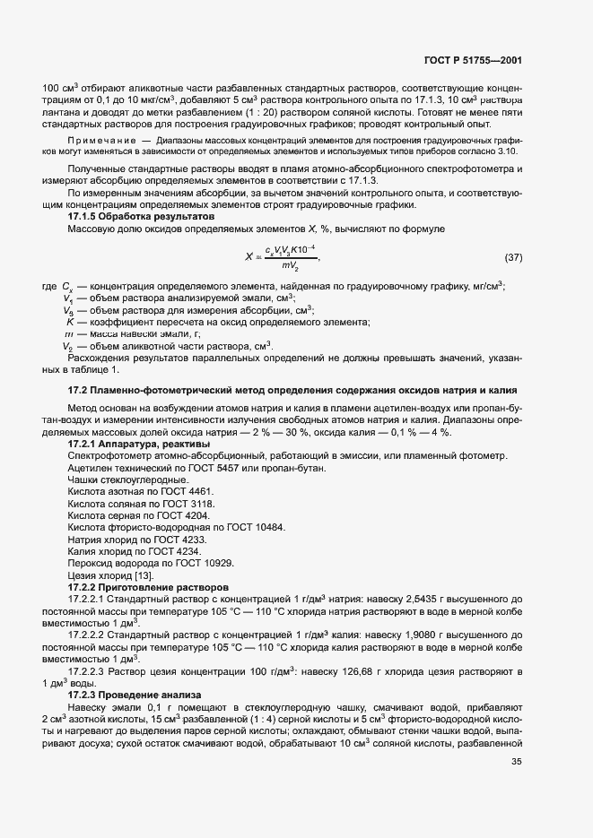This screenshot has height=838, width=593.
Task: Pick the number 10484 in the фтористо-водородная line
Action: pos(270,528)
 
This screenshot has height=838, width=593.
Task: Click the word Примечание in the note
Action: pos(102,141)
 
